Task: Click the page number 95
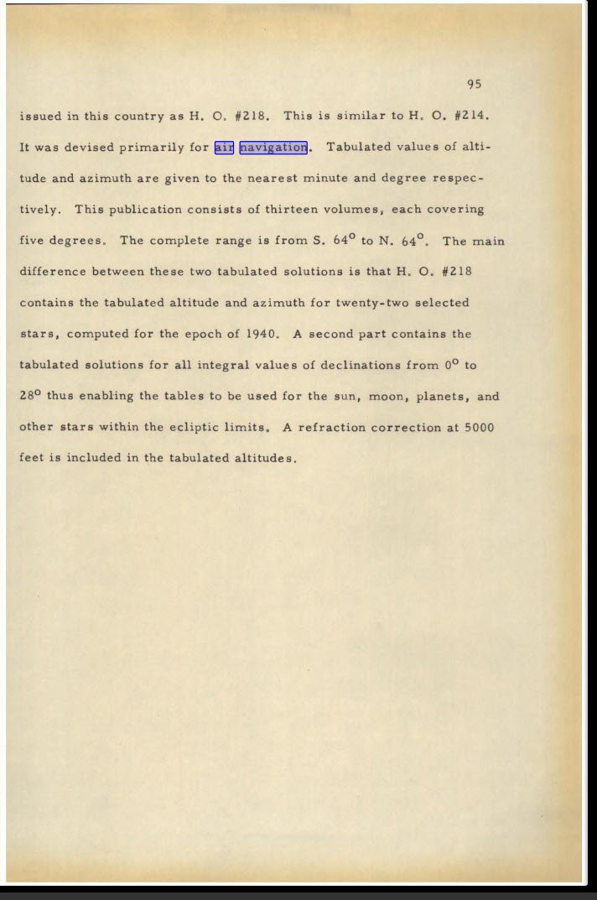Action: click(474, 84)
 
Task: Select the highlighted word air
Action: click(224, 148)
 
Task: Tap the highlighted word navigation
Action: click(274, 148)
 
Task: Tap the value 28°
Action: click(31, 396)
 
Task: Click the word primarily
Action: click(151, 148)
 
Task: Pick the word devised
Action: click(88, 148)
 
